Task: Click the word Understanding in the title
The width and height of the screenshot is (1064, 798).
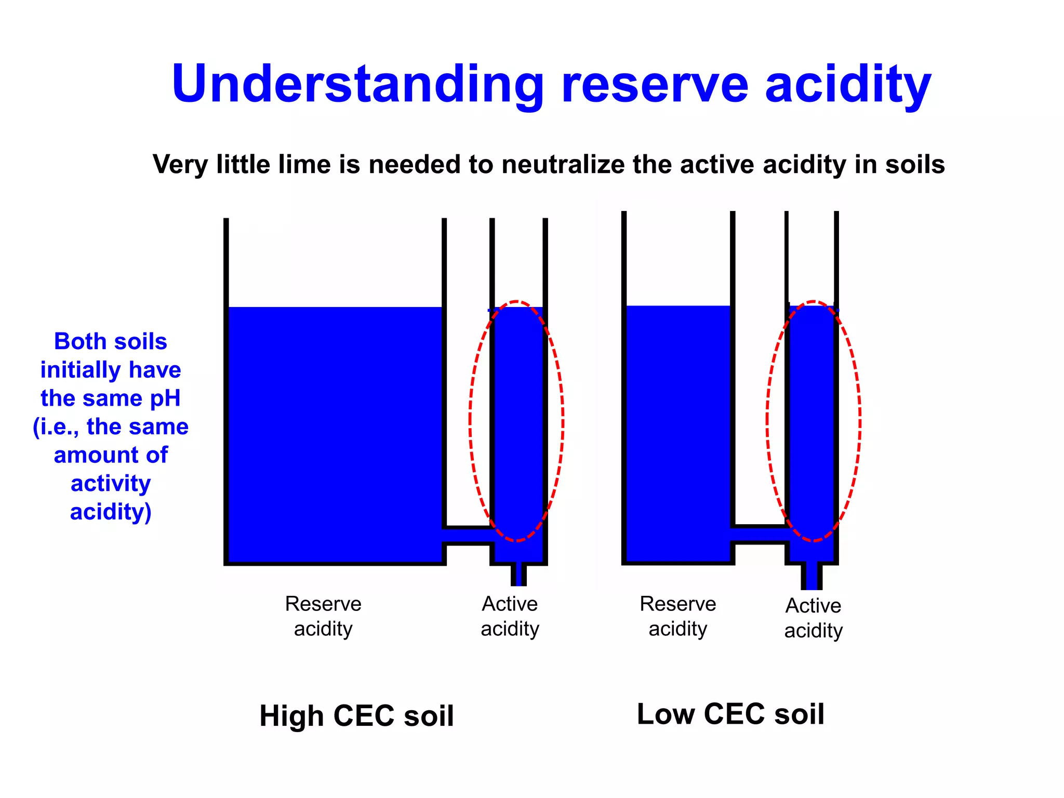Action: [x=357, y=85]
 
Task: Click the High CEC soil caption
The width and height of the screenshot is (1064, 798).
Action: [x=356, y=715]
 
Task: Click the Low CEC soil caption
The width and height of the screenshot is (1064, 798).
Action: [x=730, y=713]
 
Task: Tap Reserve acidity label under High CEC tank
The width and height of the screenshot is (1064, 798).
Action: [x=323, y=616]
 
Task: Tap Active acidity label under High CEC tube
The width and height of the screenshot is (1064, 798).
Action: [x=510, y=616]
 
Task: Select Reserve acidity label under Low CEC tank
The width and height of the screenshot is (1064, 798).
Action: [x=677, y=616]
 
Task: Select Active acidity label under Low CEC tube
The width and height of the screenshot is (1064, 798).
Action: [x=813, y=618]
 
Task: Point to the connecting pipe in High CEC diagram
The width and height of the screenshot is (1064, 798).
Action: [x=468, y=535]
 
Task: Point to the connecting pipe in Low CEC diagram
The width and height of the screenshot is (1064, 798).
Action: [x=760, y=534]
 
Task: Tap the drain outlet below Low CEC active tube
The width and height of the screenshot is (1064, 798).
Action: [x=812, y=577]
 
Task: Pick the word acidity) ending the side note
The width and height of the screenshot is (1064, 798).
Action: [x=111, y=512]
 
